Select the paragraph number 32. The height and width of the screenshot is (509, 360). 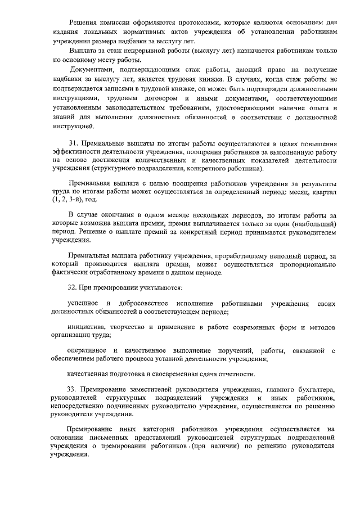tap(73, 288)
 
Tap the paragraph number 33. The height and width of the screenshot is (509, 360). tap(73, 390)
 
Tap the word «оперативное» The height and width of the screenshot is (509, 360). tap(90, 350)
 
